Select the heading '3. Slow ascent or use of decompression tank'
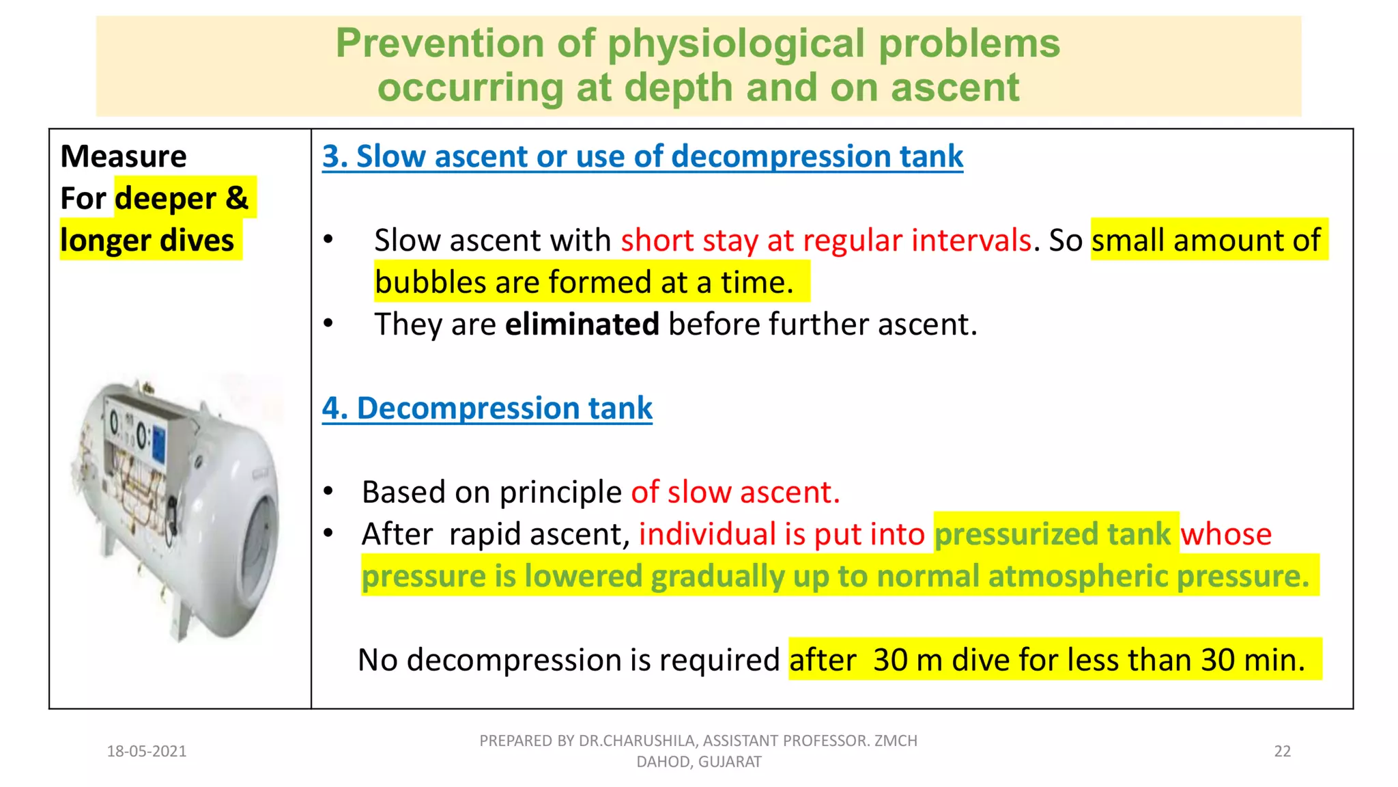point(642,156)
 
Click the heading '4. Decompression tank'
point(487,409)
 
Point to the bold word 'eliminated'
point(582,325)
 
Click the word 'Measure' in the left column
point(123,156)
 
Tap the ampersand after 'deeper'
point(236,198)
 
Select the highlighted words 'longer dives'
point(147,240)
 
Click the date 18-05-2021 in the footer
point(147,751)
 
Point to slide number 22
point(1282,751)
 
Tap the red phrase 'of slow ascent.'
point(735,493)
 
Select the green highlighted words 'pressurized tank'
point(1053,534)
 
